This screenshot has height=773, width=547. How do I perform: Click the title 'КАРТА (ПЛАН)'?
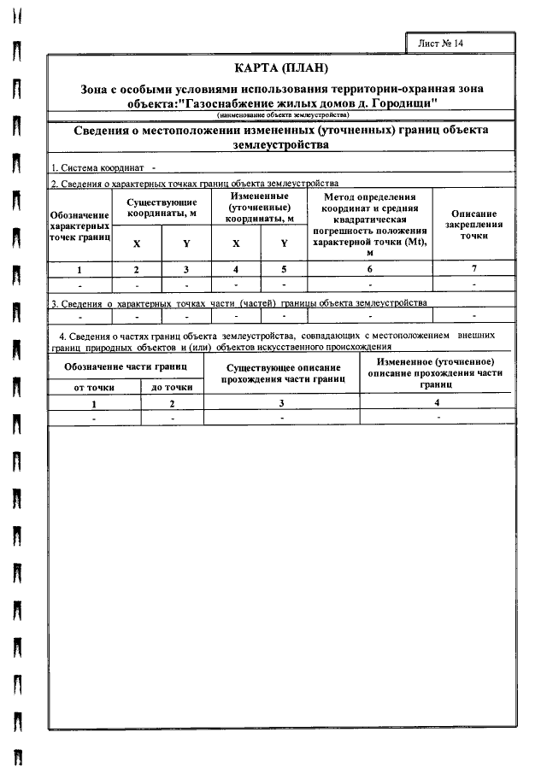coord(281,68)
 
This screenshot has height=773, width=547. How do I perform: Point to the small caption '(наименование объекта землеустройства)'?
coord(281,114)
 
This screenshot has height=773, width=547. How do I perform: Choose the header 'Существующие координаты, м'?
coord(162,208)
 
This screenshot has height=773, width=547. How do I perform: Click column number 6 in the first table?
coord(370,269)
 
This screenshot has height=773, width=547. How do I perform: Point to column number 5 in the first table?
coord(284,269)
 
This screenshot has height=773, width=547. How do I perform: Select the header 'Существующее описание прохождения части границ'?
coord(281,372)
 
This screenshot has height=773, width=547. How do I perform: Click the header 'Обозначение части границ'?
coord(126,366)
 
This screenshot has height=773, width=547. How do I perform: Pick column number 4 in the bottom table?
coord(438,403)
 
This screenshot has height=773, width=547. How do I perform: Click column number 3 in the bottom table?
coord(281,403)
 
